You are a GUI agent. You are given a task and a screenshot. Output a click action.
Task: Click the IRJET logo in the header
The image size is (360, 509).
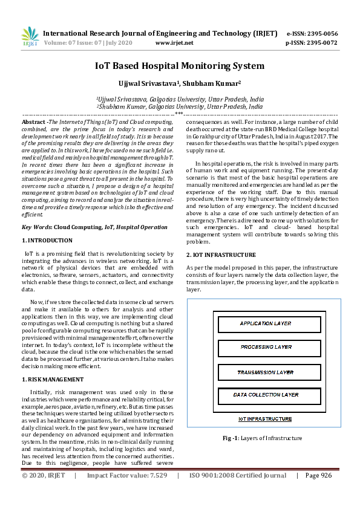click(x=30, y=37)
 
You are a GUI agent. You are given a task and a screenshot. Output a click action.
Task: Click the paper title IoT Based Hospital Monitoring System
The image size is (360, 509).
click(x=180, y=66)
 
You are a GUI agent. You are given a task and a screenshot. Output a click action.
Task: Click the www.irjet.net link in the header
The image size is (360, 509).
click(x=174, y=43)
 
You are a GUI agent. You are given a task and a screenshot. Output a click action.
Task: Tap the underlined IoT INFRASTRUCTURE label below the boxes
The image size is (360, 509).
click(x=265, y=418)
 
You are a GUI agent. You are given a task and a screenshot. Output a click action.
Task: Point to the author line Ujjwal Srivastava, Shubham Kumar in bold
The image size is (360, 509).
click(x=180, y=83)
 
